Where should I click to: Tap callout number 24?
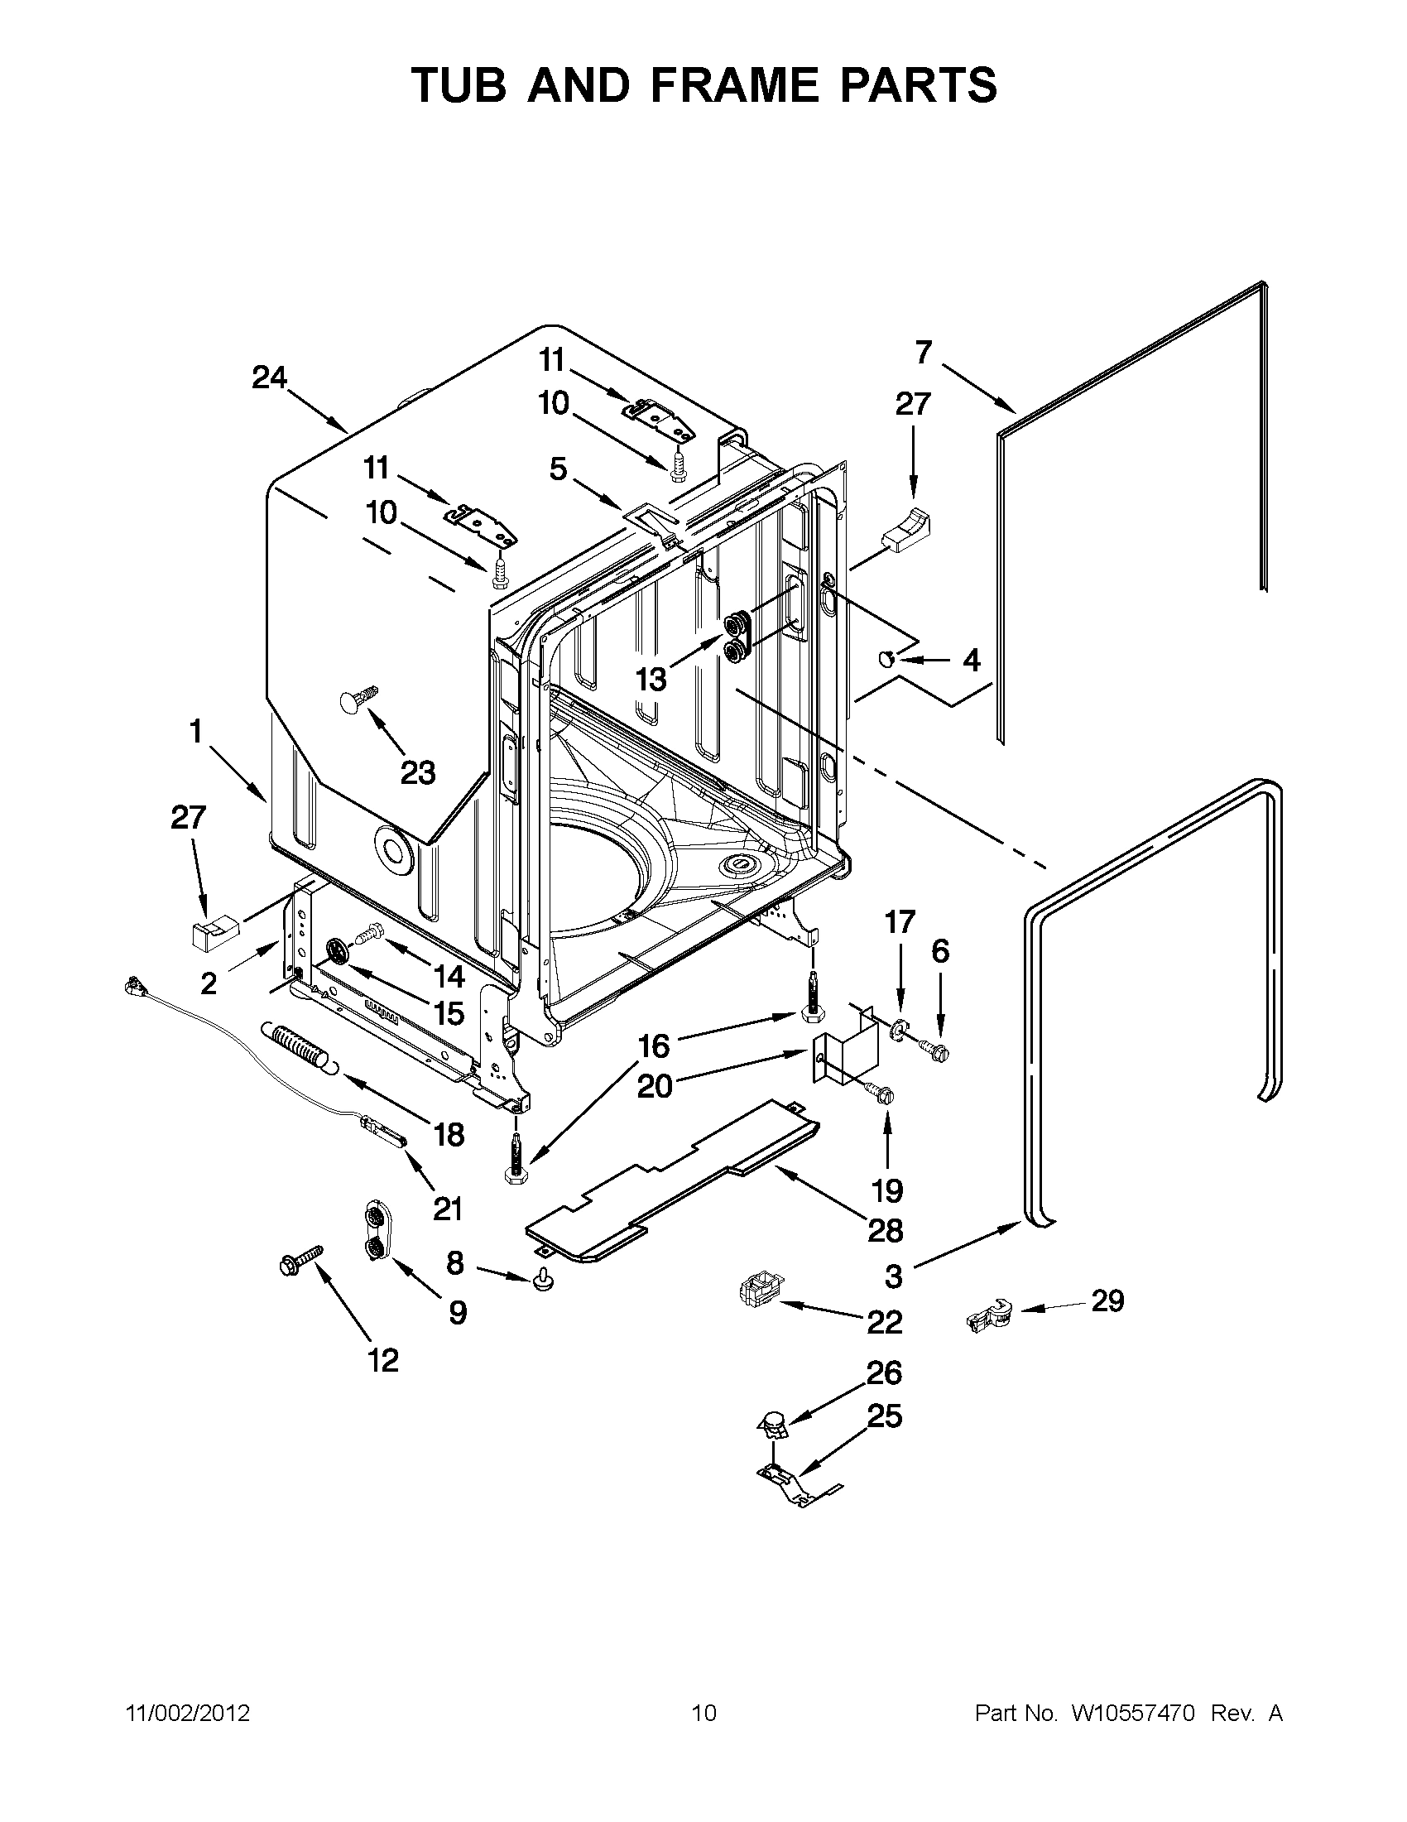coord(269,378)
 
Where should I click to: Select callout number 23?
coord(418,772)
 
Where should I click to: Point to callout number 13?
coord(651,680)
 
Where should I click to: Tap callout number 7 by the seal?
coord(923,353)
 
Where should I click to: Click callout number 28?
coord(886,1229)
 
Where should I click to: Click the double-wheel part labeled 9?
coord(377,1230)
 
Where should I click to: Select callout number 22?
coord(885,1321)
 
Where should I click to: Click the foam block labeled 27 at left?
coord(213,930)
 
